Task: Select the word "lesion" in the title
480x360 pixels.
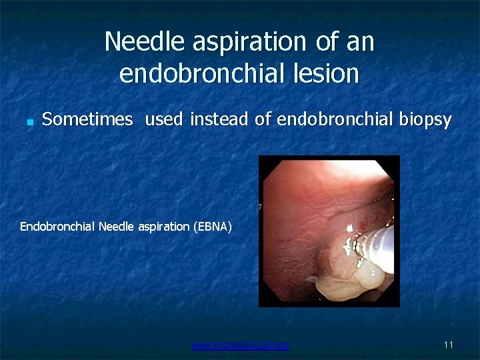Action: pos(327,73)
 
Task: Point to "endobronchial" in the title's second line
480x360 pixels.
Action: pos(201,73)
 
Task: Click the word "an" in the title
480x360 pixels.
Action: pos(361,42)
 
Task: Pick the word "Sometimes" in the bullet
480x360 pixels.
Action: pos(87,120)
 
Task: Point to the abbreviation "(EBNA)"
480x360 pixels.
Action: pos(212,227)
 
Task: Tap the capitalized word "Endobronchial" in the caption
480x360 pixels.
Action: pos(57,227)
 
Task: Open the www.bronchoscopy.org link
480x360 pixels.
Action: pos(240,345)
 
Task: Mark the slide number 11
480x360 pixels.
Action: pos(448,345)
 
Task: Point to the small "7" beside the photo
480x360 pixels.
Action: pos(259,207)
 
